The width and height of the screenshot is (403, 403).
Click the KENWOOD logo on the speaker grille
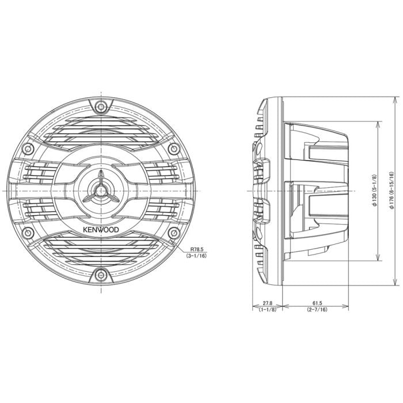pyautogui.click(x=101, y=230)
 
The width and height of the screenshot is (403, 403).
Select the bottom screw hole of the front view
pyautogui.click(x=101, y=275)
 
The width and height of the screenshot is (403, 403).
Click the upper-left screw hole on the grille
pyautogui.click(x=28, y=149)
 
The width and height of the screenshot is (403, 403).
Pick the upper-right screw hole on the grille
pyautogui.click(x=174, y=149)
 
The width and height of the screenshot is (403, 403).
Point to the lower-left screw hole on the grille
pyautogui.click(x=28, y=233)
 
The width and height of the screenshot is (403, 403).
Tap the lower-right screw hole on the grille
pyautogui.click(x=174, y=233)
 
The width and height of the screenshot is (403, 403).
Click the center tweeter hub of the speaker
pyautogui.click(x=101, y=191)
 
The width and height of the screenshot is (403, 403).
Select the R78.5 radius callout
pyautogui.click(x=197, y=249)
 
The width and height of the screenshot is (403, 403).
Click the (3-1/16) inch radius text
pyautogui.click(x=196, y=256)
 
